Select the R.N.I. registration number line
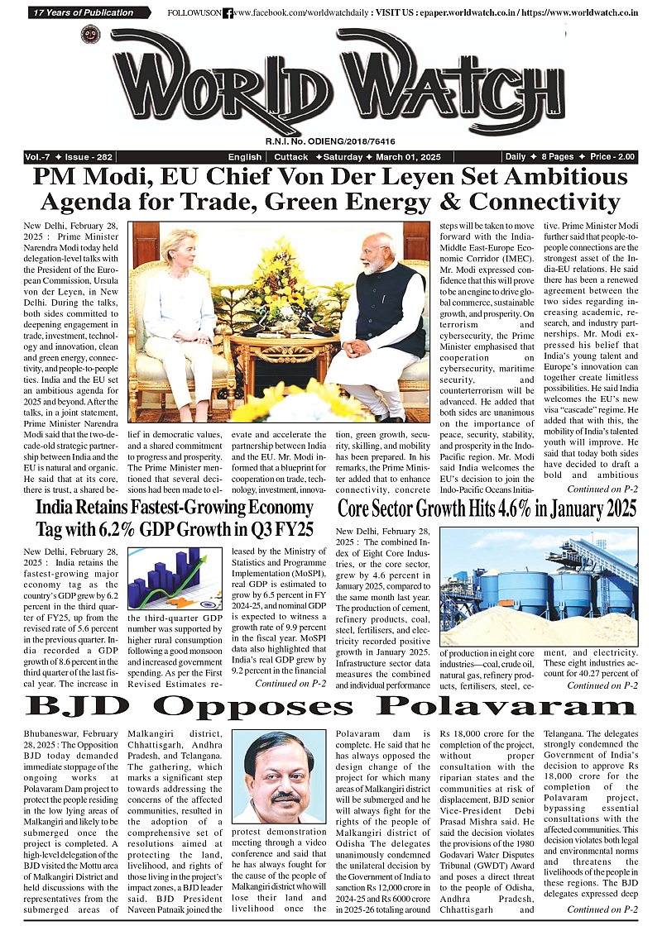[x=330, y=141]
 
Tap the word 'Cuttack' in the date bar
[x=291, y=157]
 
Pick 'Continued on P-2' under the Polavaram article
[x=602, y=933]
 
